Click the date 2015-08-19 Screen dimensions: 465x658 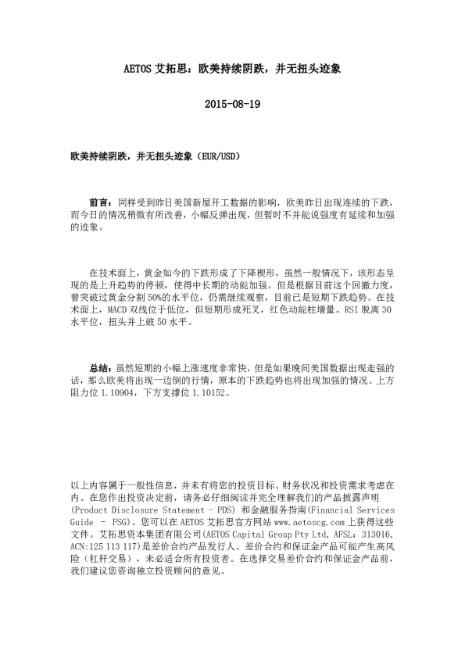click(231, 105)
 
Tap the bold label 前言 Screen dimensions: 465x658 click(100, 201)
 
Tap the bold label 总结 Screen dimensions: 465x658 click(100, 367)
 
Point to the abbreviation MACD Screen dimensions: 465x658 click(116, 309)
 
